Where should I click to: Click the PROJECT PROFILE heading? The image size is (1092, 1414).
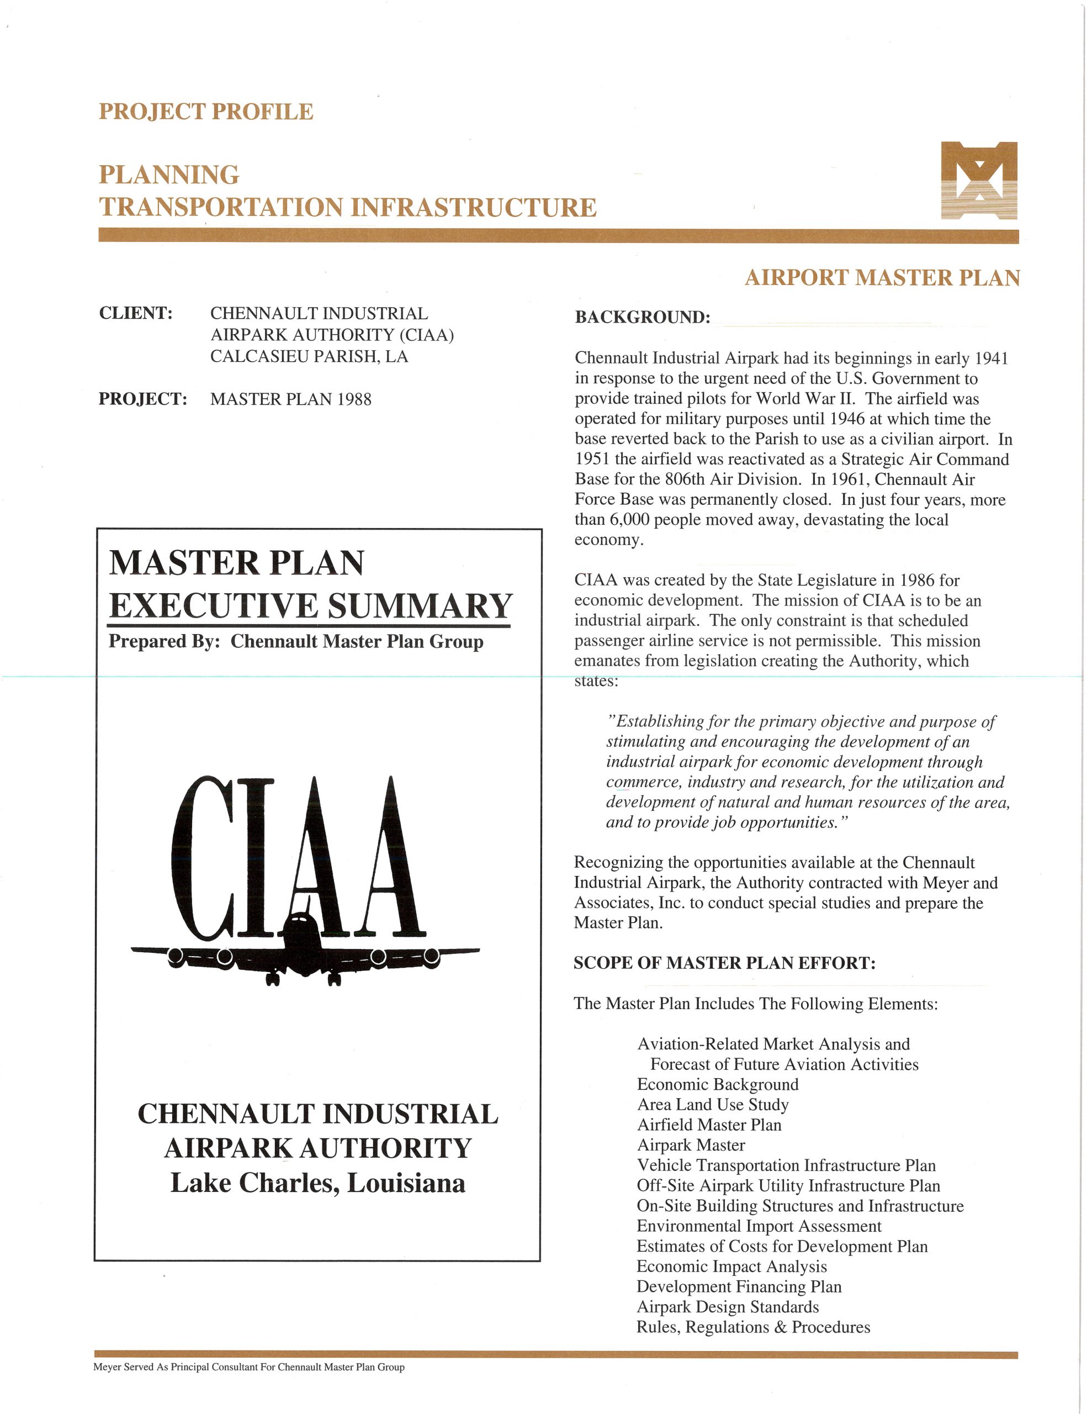(x=206, y=112)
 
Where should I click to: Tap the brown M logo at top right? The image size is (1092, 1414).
(x=979, y=180)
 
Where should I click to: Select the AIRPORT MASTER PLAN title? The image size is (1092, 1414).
(x=882, y=278)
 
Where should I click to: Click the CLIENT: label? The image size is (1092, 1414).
(x=136, y=313)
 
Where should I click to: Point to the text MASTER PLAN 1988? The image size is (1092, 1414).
(x=290, y=399)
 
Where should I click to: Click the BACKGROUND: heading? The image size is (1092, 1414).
(x=642, y=317)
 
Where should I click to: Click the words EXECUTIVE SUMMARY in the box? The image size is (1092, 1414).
(x=311, y=606)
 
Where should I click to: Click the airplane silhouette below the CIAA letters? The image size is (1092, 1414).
(x=304, y=952)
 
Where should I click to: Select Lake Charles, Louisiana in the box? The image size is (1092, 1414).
(x=318, y=1183)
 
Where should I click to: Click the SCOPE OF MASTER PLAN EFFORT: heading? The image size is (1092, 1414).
(x=724, y=963)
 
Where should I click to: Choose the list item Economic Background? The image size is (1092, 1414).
(x=717, y=1084)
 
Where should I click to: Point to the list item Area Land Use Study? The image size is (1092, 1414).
(x=713, y=1104)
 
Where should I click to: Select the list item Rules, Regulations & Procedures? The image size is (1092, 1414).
(x=753, y=1327)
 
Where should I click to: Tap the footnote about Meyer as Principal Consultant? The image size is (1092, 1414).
(x=248, y=1366)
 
